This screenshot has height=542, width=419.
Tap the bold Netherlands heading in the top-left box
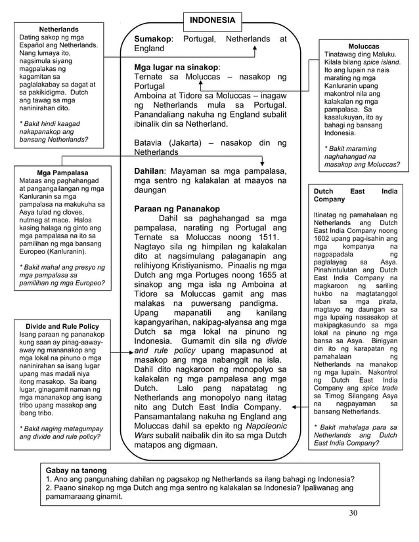(58, 30)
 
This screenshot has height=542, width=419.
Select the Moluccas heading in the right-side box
(363, 47)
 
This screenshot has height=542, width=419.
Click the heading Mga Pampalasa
(63, 173)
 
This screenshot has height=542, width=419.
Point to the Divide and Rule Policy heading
(62, 326)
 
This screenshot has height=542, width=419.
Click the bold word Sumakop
(152, 39)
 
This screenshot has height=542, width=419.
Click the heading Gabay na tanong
(76, 471)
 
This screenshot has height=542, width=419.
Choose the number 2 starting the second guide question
(48, 488)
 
